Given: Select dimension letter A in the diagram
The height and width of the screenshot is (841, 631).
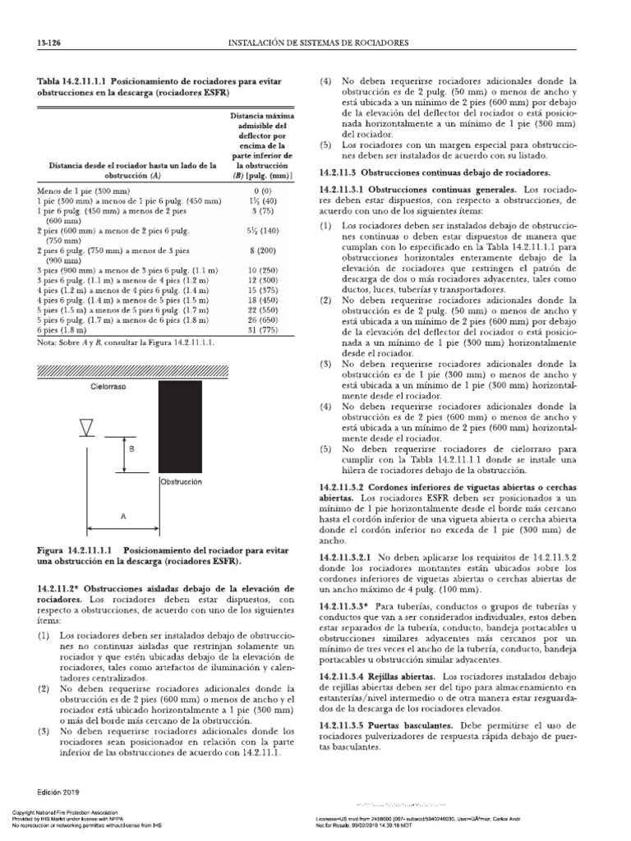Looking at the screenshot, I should [x=123, y=517].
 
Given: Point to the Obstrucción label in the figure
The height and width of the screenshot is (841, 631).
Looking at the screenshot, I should [x=181, y=482].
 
